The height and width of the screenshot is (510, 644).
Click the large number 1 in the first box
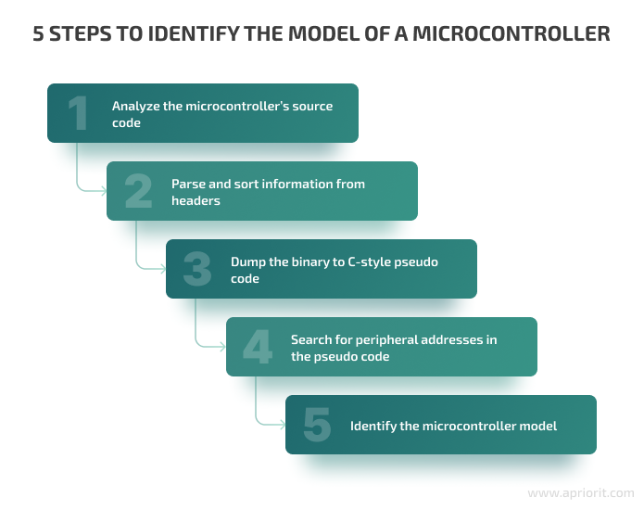78,113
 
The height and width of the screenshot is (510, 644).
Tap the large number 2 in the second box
138,191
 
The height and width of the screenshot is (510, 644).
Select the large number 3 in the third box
197,269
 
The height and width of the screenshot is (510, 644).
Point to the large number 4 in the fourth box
258,347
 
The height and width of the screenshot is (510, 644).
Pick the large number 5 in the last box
317,425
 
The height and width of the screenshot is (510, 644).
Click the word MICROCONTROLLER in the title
511,33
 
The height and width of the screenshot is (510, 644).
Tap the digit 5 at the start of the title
38,33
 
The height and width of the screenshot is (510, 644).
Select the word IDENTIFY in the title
194,33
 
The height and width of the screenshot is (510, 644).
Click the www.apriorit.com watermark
581,492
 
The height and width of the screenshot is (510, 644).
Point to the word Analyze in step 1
135,107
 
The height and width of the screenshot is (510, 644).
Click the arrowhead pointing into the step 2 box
103,191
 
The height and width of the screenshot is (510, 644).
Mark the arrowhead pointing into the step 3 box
163,269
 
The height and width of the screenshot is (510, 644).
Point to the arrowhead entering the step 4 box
222,347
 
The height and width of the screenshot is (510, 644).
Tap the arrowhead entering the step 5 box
283,425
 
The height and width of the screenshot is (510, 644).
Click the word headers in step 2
196,201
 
